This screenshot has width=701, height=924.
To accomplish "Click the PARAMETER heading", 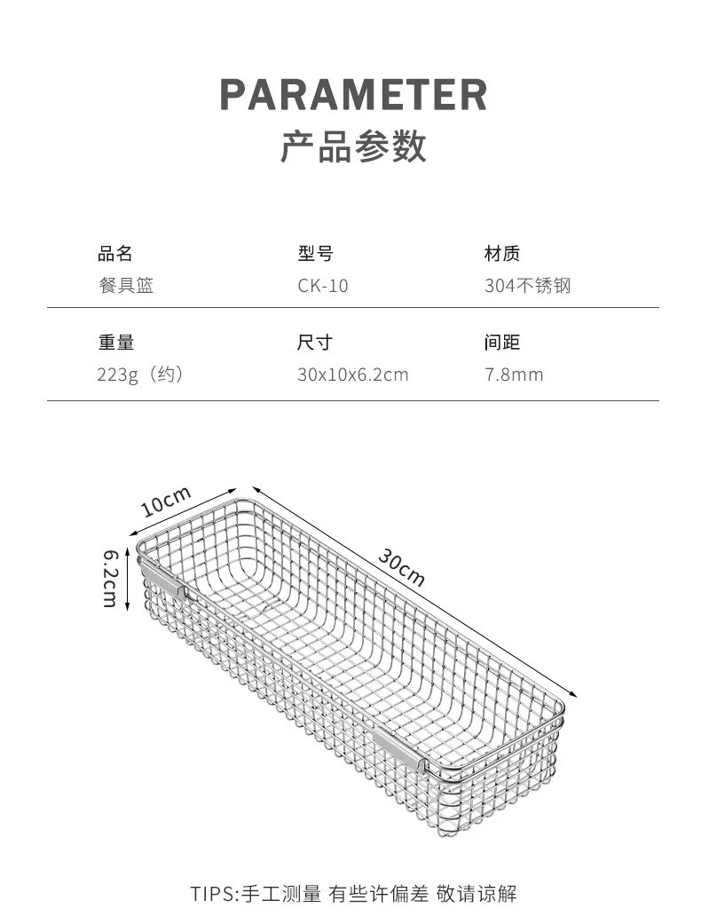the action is pos(353,94).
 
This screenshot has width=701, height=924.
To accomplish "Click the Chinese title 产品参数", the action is pos(353,146).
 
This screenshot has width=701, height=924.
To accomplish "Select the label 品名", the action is pos(115,254).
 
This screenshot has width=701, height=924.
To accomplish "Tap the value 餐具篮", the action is pos(126,286).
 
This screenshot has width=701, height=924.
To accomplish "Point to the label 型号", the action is pos(315,254).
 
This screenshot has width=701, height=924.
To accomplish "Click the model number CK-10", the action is pos(323,286).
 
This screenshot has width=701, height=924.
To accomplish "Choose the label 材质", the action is pos(502,254).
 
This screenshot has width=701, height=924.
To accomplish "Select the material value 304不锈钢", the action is pos(528,286).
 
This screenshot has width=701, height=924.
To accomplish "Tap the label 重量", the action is pos(116,343).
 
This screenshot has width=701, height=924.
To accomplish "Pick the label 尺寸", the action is pos(315,343).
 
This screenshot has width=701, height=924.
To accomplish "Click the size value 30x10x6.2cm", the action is pos(353,375).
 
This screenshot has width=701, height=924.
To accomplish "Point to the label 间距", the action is pos(502,343).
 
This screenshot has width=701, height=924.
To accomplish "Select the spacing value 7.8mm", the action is pos(514,375).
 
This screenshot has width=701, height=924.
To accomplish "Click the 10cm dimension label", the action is pos(166,501).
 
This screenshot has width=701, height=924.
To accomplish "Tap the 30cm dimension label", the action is pos(401,567).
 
